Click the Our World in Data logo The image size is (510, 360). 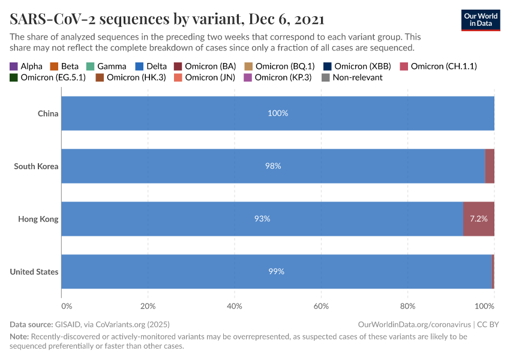480,20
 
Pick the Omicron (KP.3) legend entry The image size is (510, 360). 277,77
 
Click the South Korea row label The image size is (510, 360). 36,166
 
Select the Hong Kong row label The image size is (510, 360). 38,219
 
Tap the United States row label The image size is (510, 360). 34,272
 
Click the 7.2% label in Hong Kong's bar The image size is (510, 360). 478,219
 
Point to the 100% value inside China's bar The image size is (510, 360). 278,113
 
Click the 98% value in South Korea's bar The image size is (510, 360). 273,166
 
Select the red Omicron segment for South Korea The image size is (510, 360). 490,166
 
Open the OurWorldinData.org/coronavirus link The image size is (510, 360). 414,324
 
